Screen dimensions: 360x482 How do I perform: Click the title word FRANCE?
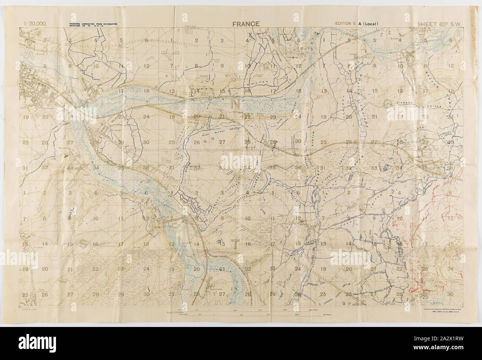pyautogui.click(x=246, y=24)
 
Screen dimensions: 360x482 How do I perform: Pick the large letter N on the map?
pyautogui.click(x=235, y=104)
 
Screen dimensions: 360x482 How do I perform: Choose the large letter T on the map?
pyautogui.click(x=234, y=243)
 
